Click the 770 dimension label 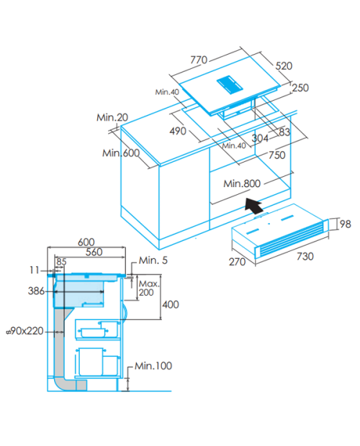[199, 60]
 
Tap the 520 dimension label [284, 66]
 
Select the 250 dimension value [300, 88]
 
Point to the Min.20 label [112, 117]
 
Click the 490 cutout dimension [178, 131]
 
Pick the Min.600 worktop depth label [121, 153]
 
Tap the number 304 [260, 138]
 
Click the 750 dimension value [277, 155]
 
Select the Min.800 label [242, 183]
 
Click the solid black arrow [254, 205]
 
